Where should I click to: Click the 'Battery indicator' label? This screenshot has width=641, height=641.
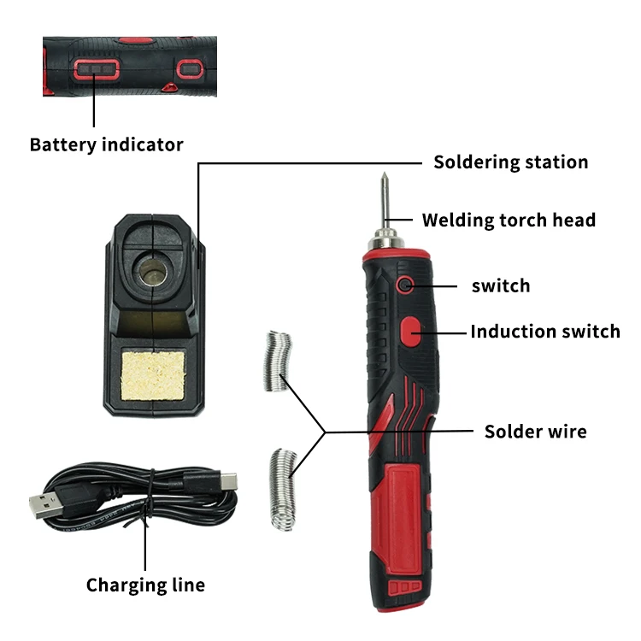pos(106,144)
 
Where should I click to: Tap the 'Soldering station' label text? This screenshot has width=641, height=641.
pos(510,162)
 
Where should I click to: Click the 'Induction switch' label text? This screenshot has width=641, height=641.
pos(545,331)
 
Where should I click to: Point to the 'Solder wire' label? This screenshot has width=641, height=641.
pos(535,431)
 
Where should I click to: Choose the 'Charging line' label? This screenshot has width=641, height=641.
pos(145,585)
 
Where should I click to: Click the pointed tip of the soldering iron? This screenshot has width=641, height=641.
pos(381,178)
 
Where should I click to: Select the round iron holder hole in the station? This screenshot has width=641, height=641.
pos(153,272)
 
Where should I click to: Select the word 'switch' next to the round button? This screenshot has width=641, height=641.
pos(501,285)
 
